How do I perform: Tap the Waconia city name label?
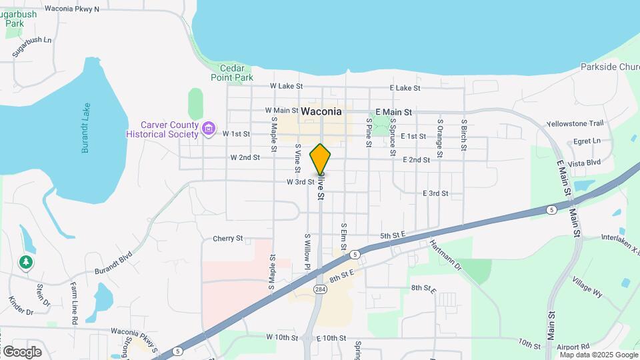pyautogui.click(x=321, y=111)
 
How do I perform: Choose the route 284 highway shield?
pyautogui.click(x=321, y=288)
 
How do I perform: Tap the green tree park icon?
pyautogui.click(x=26, y=263)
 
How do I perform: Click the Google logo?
pyautogui.click(x=22, y=351)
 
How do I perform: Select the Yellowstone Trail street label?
pyautogui.click(x=575, y=123)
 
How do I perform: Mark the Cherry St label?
pyautogui.click(x=228, y=238)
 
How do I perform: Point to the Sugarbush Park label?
pyautogui.click(x=19, y=19)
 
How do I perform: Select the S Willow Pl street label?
pyautogui.click(x=307, y=252)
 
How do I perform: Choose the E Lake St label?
pyautogui.click(x=405, y=88)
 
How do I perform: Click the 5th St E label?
pyautogui.click(x=393, y=235)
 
